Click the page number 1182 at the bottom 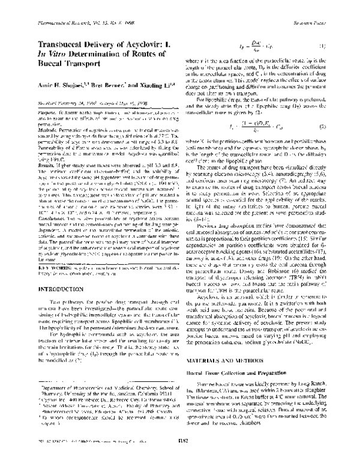179,458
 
